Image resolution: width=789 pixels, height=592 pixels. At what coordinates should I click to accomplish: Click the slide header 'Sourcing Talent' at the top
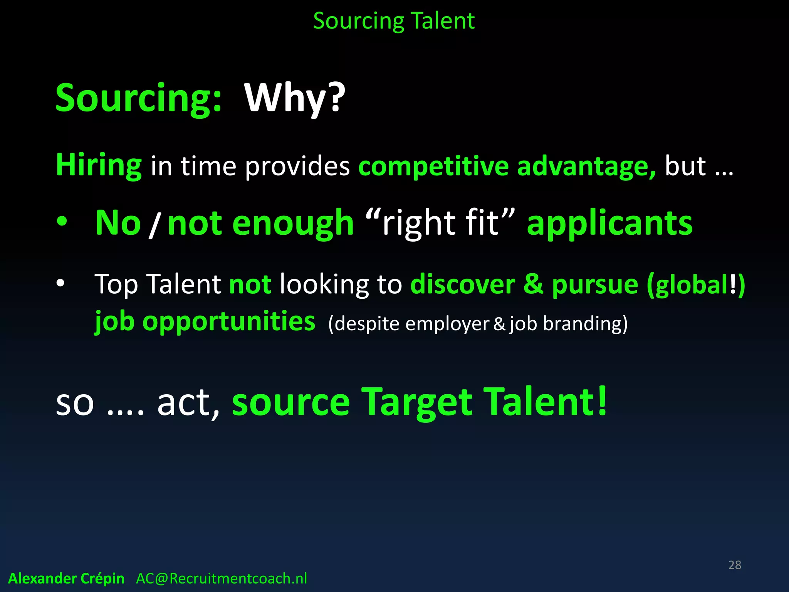(394, 21)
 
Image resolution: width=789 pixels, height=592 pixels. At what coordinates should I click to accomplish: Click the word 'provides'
(297, 166)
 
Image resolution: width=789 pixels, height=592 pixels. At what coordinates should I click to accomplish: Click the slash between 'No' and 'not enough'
(154, 225)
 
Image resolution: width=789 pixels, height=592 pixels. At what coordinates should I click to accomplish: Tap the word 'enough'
(293, 224)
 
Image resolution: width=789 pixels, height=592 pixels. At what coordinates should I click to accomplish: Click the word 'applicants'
(609, 224)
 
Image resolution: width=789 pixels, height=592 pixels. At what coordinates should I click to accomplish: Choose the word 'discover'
(463, 284)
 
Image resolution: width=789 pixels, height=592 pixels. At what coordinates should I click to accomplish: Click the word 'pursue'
(595, 284)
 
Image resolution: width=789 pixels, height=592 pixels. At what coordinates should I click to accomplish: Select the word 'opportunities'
(229, 321)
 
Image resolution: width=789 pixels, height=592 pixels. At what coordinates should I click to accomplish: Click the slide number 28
(735, 565)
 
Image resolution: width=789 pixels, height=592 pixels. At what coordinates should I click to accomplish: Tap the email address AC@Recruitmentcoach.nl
(222, 579)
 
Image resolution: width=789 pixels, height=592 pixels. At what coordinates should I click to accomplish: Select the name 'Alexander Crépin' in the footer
(66, 579)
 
